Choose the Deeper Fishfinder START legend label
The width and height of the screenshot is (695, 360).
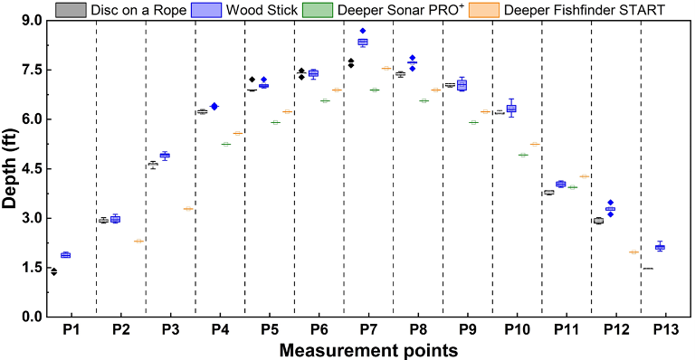pyautogui.click(x=580, y=10)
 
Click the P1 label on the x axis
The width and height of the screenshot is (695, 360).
pyautogui.click(x=71, y=331)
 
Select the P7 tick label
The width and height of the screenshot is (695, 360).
pyautogui.click(x=368, y=331)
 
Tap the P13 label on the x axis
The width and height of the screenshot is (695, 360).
pyautogui.click(x=665, y=331)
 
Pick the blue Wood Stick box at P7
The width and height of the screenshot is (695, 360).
pyautogui.click(x=363, y=42)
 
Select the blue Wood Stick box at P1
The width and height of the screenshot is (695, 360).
pyautogui.click(x=65, y=255)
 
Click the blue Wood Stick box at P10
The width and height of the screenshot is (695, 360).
pyautogui.click(x=511, y=109)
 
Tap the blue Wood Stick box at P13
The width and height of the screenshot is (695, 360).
pyautogui.click(x=660, y=247)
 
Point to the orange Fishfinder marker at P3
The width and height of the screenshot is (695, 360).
pyautogui.click(x=188, y=209)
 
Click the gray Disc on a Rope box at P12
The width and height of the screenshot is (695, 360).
pyautogui.click(x=597, y=221)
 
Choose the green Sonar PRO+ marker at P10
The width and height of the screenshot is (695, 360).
pyautogui.click(x=523, y=155)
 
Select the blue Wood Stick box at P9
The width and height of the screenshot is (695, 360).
pyautogui.click(x=462, y=85)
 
